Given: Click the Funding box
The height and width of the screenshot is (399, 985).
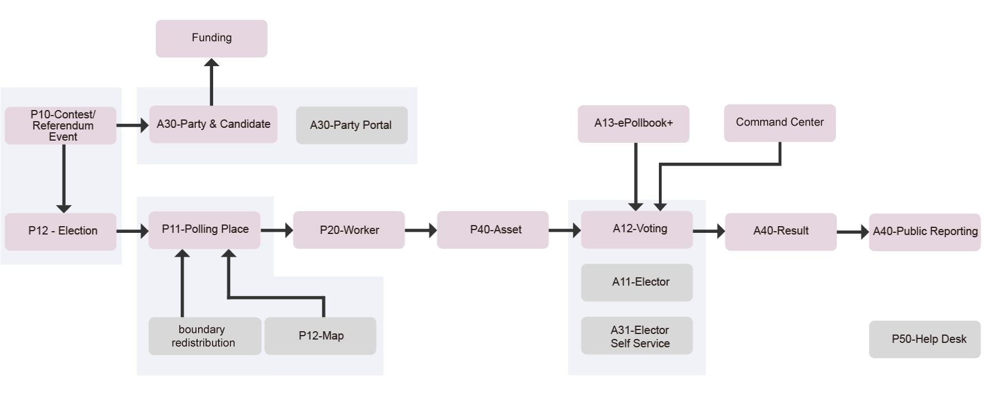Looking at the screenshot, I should tap(211, 38).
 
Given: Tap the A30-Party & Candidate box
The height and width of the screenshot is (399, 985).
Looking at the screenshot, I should tap(213, 124).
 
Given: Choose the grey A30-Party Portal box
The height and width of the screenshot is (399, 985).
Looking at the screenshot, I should tap(352, 126).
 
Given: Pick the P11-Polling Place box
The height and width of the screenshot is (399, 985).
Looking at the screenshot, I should tap(204, 230).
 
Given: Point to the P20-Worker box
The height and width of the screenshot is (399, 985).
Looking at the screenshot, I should tap(349, 230).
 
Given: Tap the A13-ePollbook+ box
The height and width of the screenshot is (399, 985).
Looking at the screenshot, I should tap(633, 123).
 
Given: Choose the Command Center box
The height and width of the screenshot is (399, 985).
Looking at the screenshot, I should tap(780, 123).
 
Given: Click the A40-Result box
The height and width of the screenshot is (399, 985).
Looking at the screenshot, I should tap(781, 231).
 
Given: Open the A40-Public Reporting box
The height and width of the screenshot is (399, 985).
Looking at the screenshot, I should tap(924, 232).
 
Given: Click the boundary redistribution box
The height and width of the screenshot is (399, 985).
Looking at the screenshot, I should tap(204, 336).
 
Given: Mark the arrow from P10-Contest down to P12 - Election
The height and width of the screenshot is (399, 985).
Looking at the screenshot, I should tap(64, 178).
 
